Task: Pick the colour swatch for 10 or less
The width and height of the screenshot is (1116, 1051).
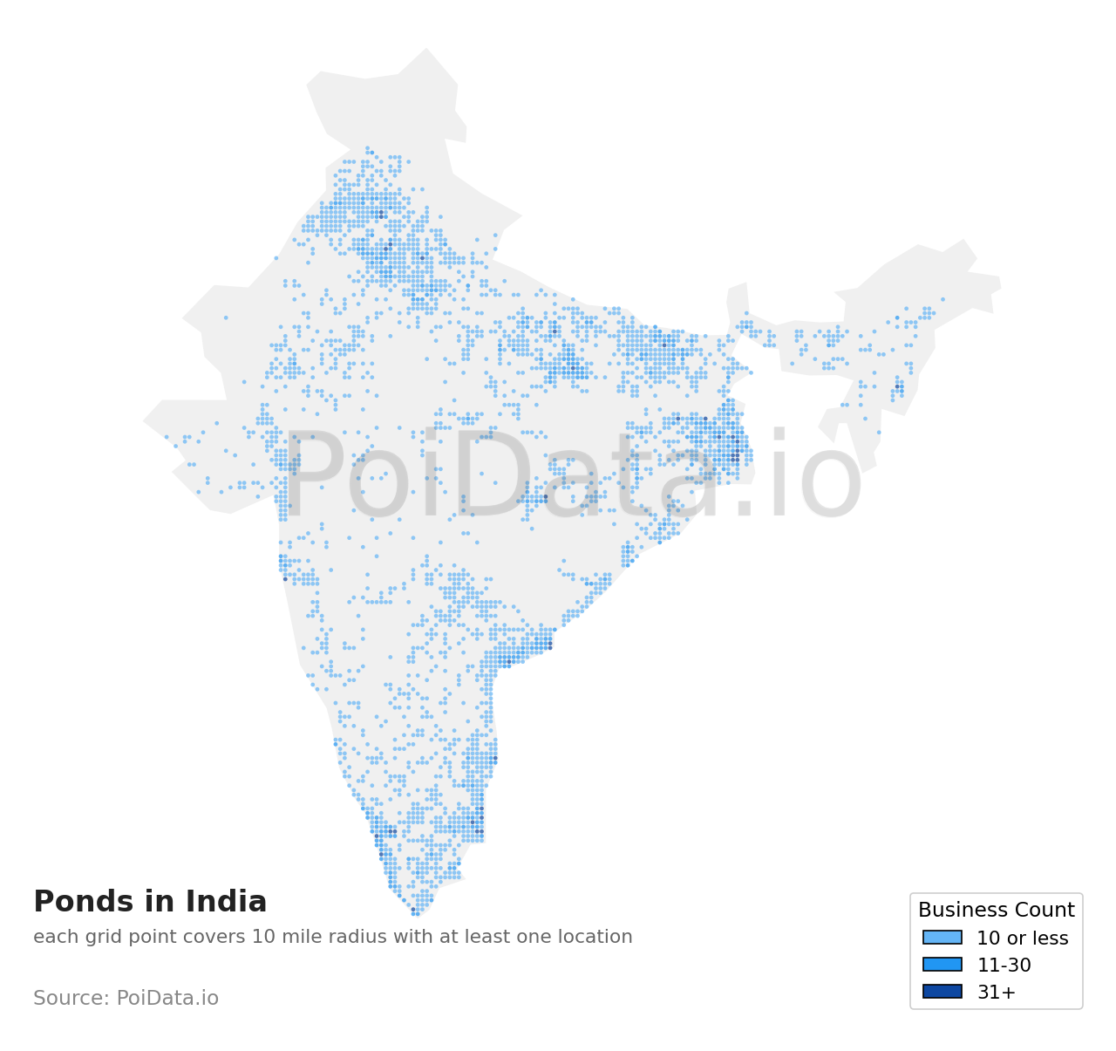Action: pyautogui.click(x=942, y=938)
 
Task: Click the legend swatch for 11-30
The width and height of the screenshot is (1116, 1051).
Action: pyautogui.click(x=942, y=965)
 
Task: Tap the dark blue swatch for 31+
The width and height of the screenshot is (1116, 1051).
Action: pyautogui.click(x=942, y=992)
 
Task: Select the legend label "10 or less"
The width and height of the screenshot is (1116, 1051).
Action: pyautogui.click(x=1022, y=938)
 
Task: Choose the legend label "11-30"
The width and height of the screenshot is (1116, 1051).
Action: pyautogui.click(x=1004, y=966)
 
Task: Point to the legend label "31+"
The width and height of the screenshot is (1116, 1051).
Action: pyautogui.click(x=996, y=993)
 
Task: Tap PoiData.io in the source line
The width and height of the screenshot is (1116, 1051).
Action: pyautogui.click(x=167, y=998)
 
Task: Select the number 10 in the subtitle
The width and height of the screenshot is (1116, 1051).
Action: pyautogui.click(x=263, y=937)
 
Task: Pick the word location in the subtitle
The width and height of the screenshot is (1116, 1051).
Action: pyautogui.click(x=596, y=937)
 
